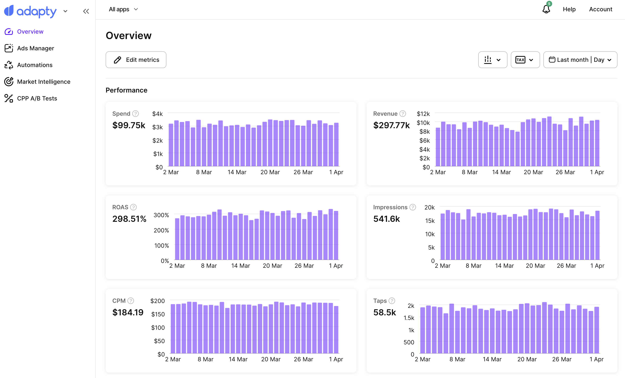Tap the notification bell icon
click(546, 9)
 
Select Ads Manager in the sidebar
click(35, 48)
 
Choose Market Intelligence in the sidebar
click(43, 82)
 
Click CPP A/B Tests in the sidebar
click(37, 98)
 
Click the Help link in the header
click(569, 9)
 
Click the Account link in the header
click(600, 9)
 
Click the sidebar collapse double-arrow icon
click(86, 11)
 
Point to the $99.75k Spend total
click(129, 125)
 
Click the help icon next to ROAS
click(133, 207)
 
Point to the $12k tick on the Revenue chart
click(423, 114)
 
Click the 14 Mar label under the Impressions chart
click(504, 266)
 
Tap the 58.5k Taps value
click(384, 312)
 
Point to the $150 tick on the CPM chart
click(158, 314)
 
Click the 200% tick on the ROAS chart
click(161, 230)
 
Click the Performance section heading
click(126, 90)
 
